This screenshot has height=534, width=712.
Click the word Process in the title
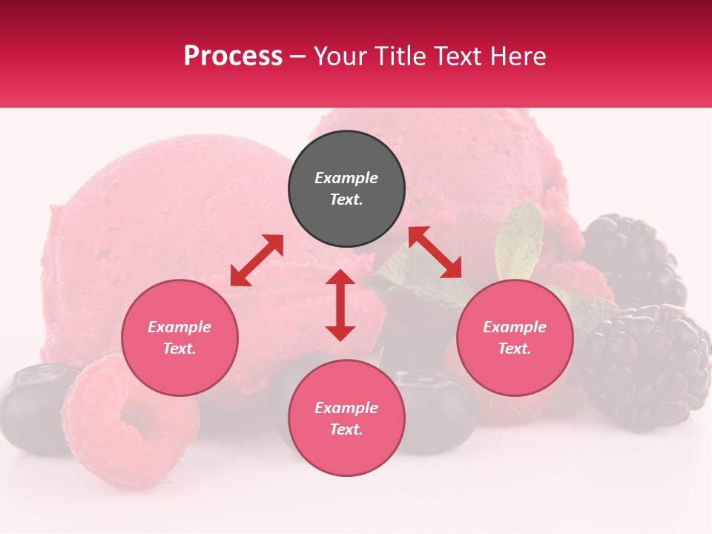click(233, 56)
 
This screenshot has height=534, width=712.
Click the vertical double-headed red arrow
click(340, 305)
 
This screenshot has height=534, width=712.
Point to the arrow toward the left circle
click(257, 260)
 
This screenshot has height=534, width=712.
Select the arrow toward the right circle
click(435, 252)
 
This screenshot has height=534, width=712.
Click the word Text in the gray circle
click(346, 200)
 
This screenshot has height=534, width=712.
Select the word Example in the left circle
click(179, 327)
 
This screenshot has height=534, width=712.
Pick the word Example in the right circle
click(515, 327)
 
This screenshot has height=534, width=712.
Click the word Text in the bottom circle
click(346, 429)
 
